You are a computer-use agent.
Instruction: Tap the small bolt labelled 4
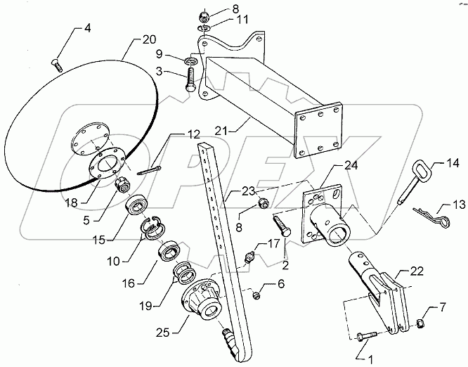58,66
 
